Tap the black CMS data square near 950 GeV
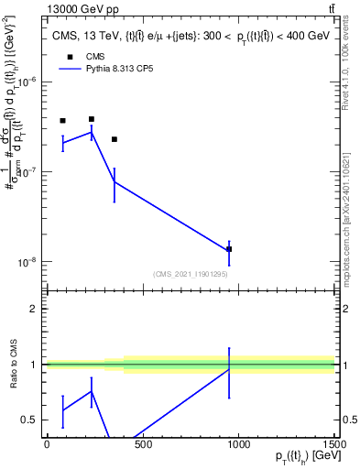coord(229,249)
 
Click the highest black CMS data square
coord(92,119)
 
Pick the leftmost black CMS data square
coord(62,121)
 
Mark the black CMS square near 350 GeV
coord(114,139)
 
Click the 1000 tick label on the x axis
coord(238,446)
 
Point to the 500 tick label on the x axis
coord(142,446)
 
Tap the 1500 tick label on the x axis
coord(333,446)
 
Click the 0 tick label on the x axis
coord(47,446)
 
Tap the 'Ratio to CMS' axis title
coord(12,365)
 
